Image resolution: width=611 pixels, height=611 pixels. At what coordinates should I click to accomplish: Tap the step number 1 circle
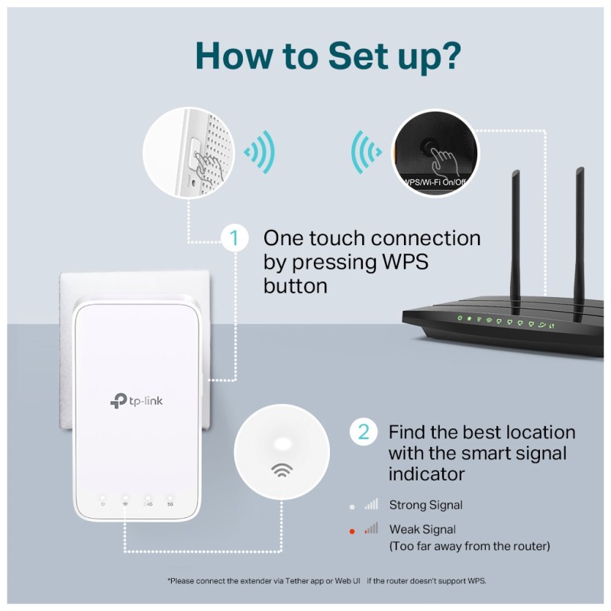[234, 238]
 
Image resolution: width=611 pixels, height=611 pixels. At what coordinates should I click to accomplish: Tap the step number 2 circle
[363, 432]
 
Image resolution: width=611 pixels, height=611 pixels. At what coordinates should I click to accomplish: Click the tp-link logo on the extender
[137, 400]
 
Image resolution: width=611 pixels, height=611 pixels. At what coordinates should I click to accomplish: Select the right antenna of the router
[580, 221]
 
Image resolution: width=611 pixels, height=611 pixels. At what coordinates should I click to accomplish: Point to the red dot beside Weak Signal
[351, 529]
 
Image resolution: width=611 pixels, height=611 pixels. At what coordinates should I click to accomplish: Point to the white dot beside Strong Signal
[351, 505]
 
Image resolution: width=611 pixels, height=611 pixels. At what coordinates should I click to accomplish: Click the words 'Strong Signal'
[425, 505]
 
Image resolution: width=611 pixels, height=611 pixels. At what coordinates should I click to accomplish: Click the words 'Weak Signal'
[422, 529]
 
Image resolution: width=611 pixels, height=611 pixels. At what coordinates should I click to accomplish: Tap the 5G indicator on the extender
[170, 501]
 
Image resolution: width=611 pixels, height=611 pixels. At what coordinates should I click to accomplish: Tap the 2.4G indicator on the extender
[147, 501]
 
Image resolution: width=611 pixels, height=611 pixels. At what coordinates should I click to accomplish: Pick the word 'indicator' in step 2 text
[426, 474]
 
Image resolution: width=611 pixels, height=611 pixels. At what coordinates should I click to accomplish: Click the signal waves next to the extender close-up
[258, 152]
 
